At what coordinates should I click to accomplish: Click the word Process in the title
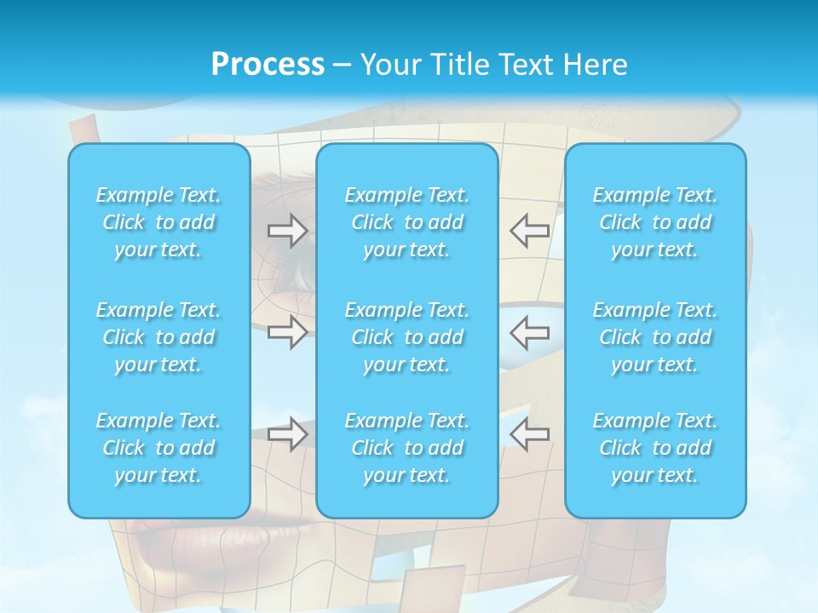point(268,65)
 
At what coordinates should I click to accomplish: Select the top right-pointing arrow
point(287,231)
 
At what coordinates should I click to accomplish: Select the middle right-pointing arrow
point(287,332)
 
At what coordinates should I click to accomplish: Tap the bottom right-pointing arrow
point(287,434)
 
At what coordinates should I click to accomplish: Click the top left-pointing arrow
point(529,231)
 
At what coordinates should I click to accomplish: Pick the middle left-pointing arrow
point(529,332)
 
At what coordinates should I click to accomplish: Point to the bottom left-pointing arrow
point(529,434)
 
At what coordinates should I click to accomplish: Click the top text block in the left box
point(158,222)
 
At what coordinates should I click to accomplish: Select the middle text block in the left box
point(158,337)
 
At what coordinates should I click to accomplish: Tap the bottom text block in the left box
point(158,448)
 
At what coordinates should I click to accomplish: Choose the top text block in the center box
point(407,222)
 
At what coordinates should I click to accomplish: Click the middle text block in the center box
point(407,337)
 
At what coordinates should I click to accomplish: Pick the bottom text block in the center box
point(407,448)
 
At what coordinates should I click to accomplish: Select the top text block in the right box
point(655,222)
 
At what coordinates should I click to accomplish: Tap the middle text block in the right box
point(655,337)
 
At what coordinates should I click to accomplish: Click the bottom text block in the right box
point(655,448)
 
